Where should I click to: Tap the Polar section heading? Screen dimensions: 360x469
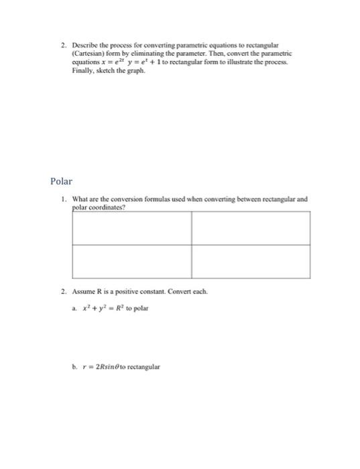pos(61,181)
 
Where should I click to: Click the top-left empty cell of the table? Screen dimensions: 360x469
pos(131,228)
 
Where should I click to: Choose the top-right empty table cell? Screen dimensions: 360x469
pos(251,228)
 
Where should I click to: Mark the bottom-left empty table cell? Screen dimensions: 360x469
pos(131,261)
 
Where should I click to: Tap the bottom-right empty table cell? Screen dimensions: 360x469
pos(251,261)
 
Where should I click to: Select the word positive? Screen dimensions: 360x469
pos(131,292)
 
